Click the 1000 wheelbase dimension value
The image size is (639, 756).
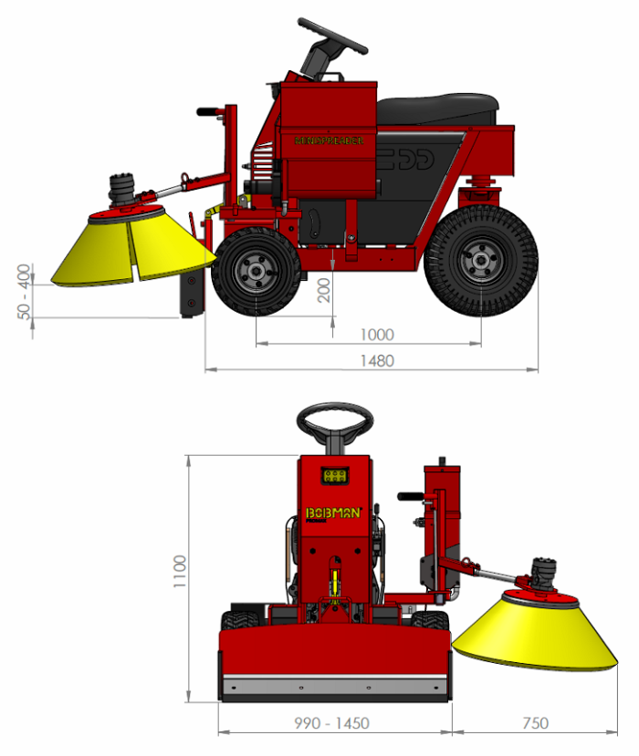[x=376, y=335]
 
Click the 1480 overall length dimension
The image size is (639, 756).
[x=376, y=361]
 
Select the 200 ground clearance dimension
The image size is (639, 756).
[x=322, y=291]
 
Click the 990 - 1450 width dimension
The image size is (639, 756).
[x=331, y=723]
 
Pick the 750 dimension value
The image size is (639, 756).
[x=535, y=723]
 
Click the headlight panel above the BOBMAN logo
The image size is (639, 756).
[x=335, y=476]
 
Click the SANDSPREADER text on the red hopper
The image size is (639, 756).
[x=329, y=141]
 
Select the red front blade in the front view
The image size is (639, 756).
[x=335, y=651]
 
